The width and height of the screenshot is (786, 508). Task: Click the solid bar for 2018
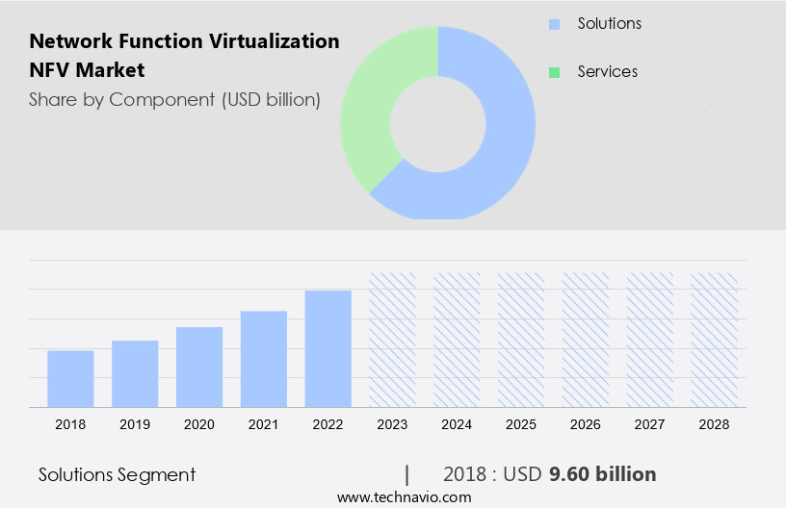click(70, 379)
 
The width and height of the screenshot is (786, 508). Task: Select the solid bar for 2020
click(199, 367)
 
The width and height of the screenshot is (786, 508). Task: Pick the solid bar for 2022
click(328, 348)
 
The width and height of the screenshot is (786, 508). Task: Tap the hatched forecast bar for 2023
click(393, 340)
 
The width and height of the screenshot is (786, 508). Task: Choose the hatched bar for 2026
click(586, 340)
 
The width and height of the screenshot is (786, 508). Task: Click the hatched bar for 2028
click(715, 340)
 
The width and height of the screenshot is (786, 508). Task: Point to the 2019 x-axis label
click(135, 424)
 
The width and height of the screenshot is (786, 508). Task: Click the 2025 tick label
click(521, 424)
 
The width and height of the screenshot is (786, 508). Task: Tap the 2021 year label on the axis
click(264, 424)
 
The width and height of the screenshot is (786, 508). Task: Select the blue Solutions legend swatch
click(554, 24)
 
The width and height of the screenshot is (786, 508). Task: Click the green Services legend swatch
click(554, 72)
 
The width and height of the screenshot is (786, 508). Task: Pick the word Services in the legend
click(607, 72)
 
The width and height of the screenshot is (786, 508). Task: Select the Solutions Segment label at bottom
click(117, 474)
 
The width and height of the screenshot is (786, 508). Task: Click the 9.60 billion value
click(603, 474)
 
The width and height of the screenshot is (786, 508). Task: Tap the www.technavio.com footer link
click(405, 497)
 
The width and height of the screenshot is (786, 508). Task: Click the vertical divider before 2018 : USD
click(406, 474)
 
